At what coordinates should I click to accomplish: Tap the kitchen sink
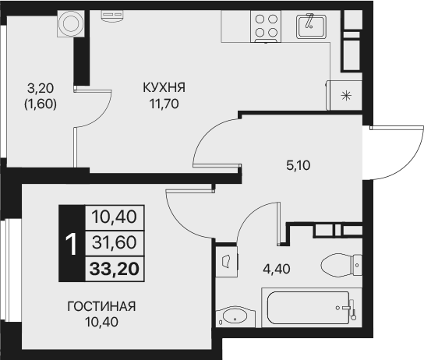click(x=310, y=26)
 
